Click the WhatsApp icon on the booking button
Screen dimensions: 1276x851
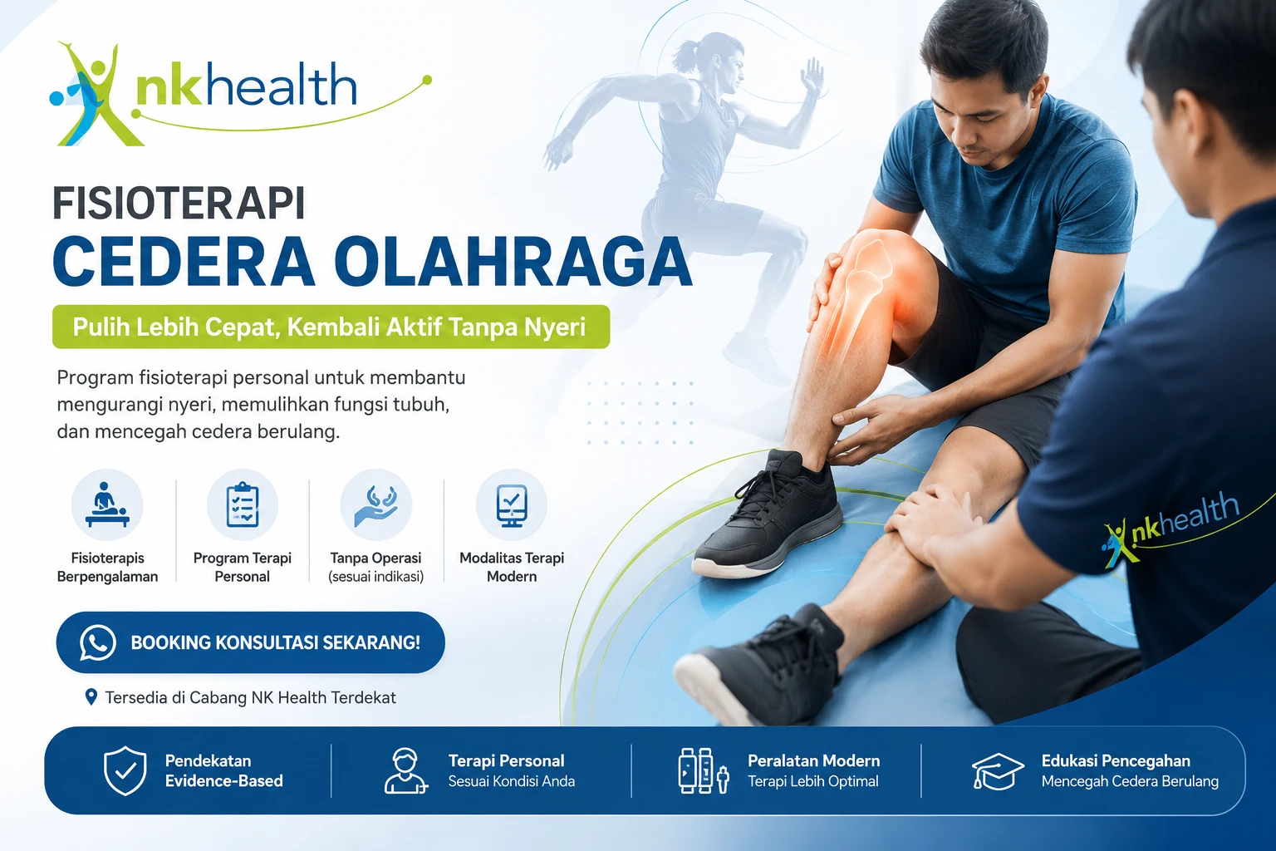(x=97, y=642)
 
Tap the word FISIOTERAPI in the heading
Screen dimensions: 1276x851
(x=179, y=203)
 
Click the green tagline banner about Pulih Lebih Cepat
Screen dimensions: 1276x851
(x=331, y=327)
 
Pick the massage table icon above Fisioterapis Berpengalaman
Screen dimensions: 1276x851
(x=107, y=504)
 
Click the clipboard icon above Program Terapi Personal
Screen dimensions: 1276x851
(x=242, y=504)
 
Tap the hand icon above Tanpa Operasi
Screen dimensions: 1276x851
(x=376, y=505)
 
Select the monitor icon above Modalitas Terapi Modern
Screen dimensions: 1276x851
(x=512, y=505)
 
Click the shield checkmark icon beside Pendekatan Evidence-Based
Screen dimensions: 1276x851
(x=125, y=770)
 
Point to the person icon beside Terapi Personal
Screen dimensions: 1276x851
(x=405, y=771)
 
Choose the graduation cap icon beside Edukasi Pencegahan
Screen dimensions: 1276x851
(x=998, y=770)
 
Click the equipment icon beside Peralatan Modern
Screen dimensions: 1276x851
(x=704, y=770)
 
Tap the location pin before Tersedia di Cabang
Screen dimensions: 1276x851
(x=91, y=696)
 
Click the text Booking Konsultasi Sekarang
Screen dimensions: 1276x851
(x=275, y=642)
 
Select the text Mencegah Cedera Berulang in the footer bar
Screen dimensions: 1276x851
(x=1130, y=781)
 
